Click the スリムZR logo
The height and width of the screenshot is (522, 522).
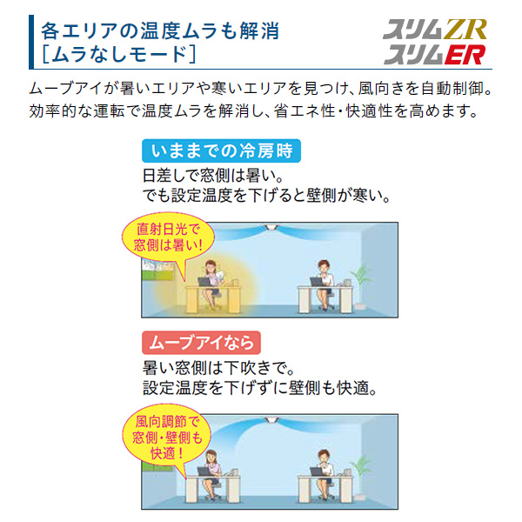click(x=435, y=30)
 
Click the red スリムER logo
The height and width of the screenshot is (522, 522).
click(x=435, y=55)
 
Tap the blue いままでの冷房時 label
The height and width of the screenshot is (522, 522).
click(x=221, y=151)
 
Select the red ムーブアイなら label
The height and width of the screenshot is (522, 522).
click(x=201, y=343)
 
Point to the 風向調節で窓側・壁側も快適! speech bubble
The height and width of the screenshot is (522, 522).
click(x=167, y=437)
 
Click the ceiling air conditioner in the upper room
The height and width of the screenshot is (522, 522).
click(x=270, y=227)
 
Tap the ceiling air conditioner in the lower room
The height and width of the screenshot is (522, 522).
click(x=270, y=419)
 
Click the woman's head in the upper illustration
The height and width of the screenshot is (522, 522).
click(x=211, y=266)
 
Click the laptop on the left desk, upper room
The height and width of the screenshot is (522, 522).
click(x=204, y=282)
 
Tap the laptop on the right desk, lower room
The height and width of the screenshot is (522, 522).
click(x=317, y=472)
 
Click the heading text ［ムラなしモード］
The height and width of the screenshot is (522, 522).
click(x=118, y=54)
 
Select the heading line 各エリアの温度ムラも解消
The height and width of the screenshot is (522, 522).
click(x=160, y=30)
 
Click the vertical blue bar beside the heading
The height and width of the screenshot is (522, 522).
click(x=31, y=42)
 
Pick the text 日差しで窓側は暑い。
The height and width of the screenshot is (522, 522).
click(x=213, y=176)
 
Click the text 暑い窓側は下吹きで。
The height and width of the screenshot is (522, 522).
click(x=218, y=368)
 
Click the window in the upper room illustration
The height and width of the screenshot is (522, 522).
click(x=157, y=270)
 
